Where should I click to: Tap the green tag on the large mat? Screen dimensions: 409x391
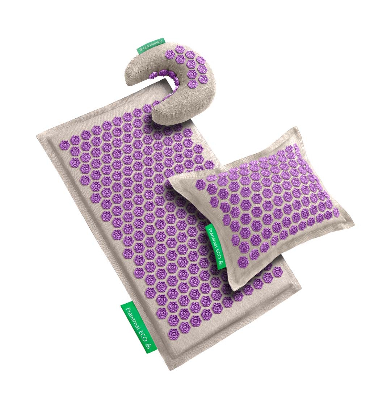point(138,326)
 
